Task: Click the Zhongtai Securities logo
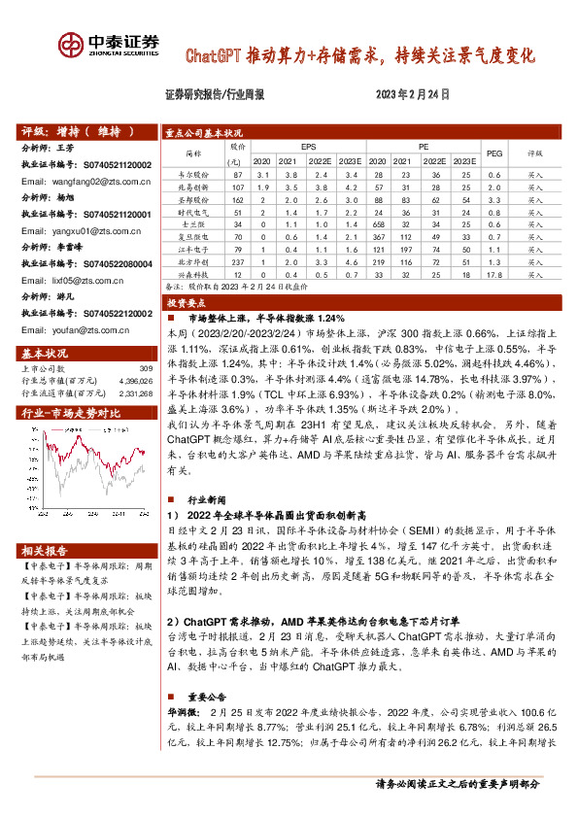pyautogui.click(x=108, y=46)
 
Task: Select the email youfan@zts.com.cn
pyautogui.click(x=77, y=329)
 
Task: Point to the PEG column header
pyautogui.click(x=493, y=153)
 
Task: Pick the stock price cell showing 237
pyautogui.click(x=236, y=261)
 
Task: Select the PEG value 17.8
pyautogui.click(x=493, y=275)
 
